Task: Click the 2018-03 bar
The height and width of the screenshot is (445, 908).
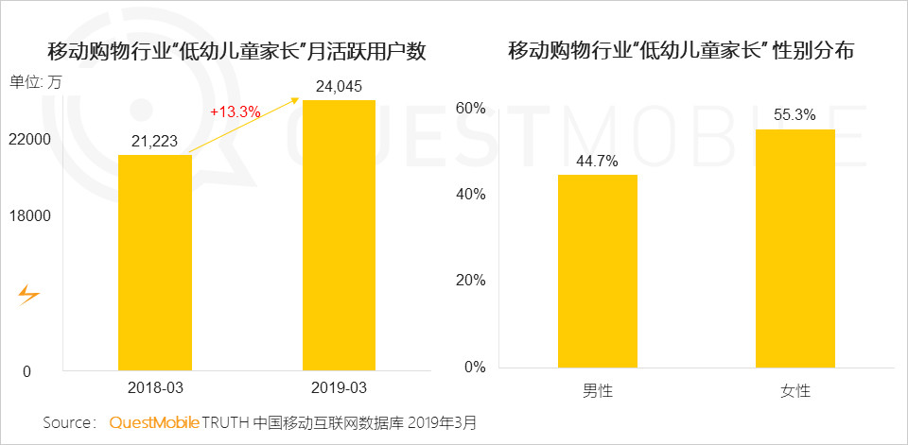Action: coord(155,262)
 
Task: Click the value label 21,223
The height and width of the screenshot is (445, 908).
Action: coord(155,142)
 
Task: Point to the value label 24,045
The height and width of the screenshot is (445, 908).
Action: coord(339,87)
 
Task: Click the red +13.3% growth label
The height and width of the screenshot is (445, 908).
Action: coord(235,111)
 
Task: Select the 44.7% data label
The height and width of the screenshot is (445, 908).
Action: coord(597,162)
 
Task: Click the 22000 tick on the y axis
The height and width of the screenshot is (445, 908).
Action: coord(29,140)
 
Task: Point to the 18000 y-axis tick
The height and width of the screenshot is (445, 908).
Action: coord(29,216)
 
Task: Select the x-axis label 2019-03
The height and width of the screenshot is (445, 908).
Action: coord(339,388)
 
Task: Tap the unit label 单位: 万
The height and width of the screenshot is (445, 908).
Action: coord(35,82)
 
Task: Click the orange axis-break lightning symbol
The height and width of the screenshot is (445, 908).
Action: coord(29,296)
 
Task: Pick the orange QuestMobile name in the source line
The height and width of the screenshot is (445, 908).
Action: coord(153,422)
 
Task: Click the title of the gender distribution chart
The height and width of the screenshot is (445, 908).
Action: coord(681,51)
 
